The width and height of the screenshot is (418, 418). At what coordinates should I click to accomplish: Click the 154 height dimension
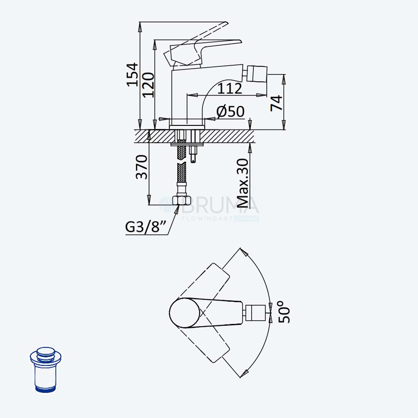132,75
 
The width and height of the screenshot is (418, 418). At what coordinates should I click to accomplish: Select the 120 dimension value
148,85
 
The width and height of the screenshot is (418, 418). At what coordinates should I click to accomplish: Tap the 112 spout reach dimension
229,89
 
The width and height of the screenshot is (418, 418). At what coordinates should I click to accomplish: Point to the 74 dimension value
276,103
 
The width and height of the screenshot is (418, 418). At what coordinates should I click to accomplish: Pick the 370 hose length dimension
141,167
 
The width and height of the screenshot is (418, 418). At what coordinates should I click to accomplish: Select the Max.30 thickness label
242,183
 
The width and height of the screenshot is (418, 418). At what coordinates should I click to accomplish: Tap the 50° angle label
284,312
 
